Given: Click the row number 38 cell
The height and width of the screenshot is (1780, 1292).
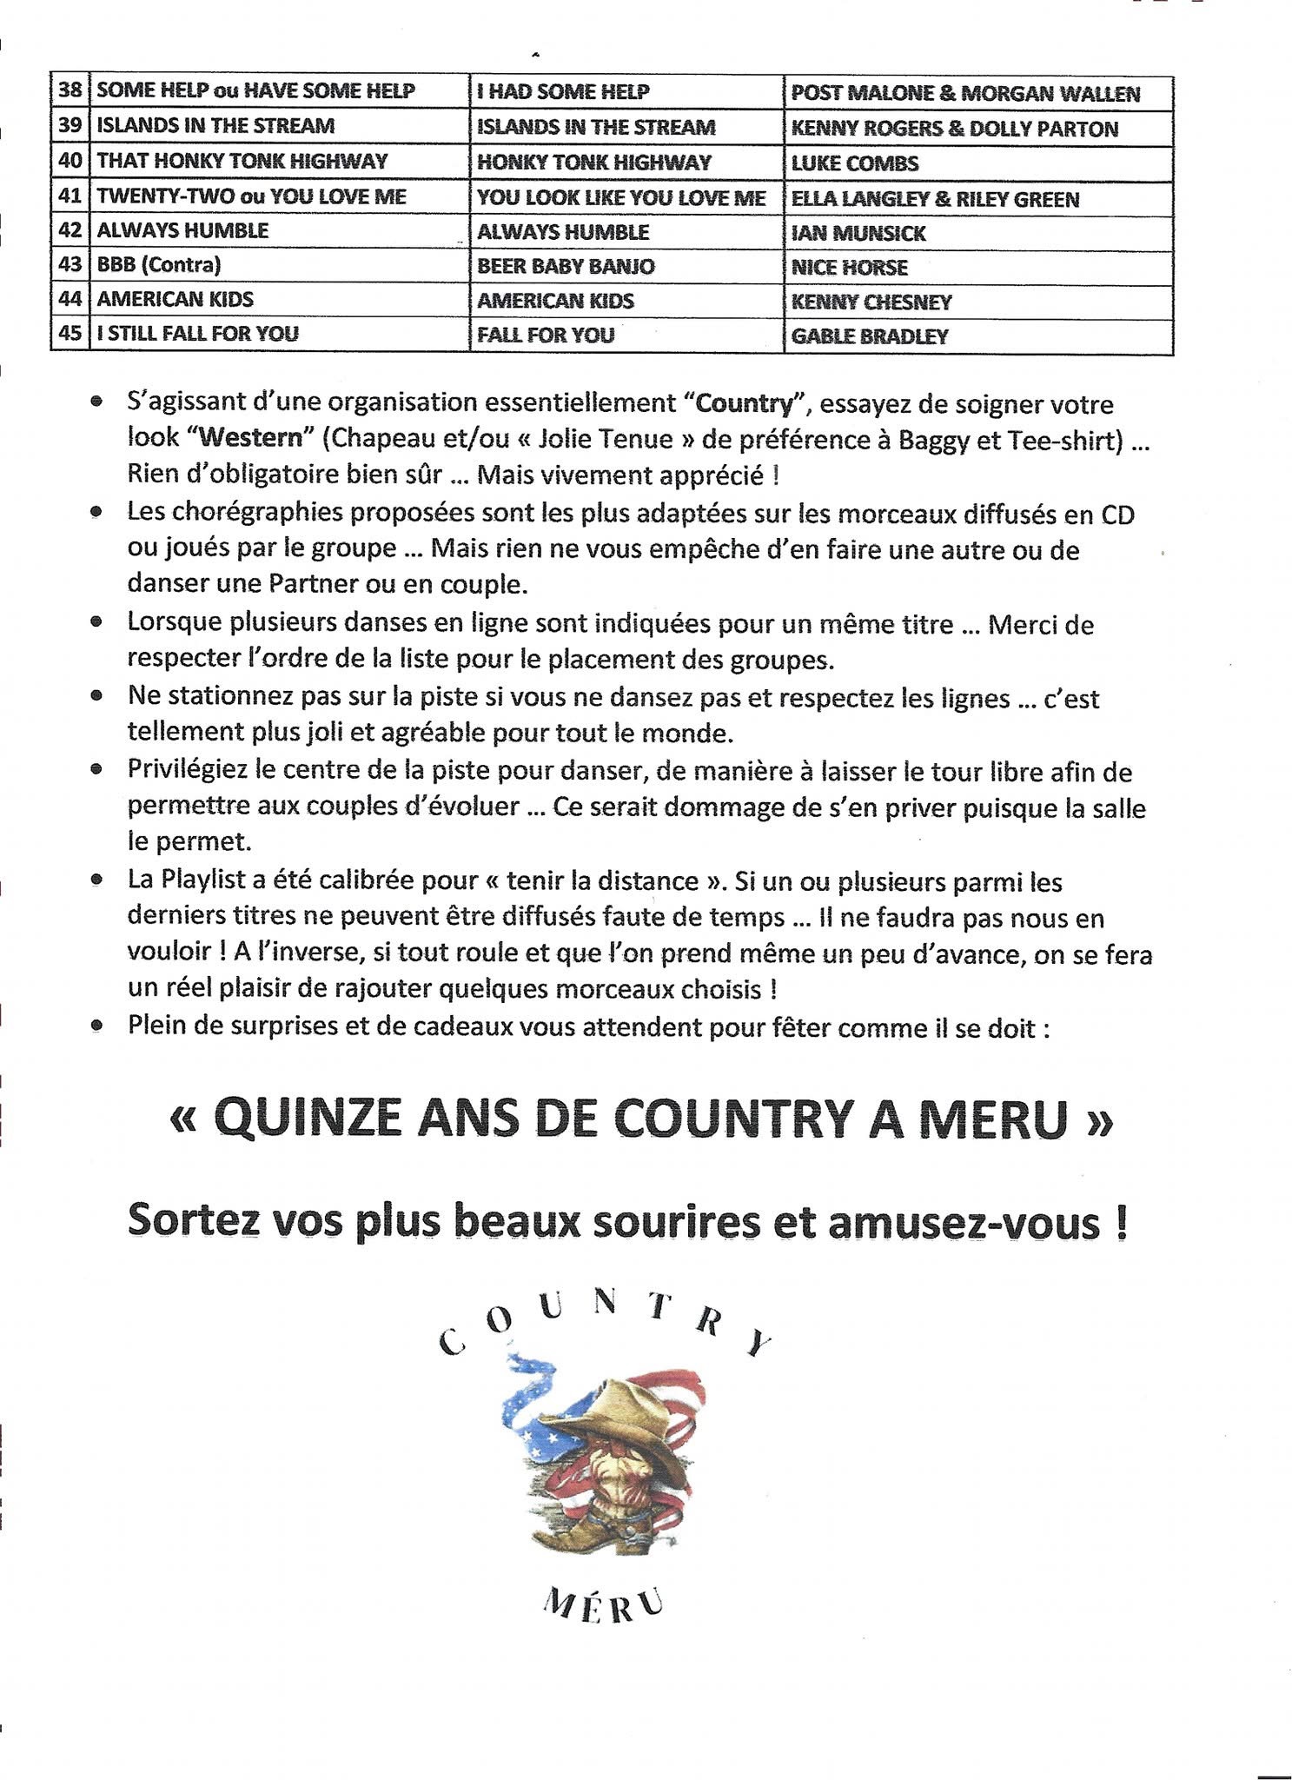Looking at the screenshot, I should click(x=70, y=90).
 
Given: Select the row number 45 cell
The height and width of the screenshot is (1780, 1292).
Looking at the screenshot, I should click(x=70, y=333).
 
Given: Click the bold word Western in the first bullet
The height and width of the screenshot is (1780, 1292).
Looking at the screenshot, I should click(x=250, y=437).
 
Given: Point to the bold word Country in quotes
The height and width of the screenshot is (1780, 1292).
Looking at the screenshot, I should click(x=745, y=404).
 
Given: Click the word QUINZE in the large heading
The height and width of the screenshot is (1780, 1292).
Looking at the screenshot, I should click(x=308, y=1119).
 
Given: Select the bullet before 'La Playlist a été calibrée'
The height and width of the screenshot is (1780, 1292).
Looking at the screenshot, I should click(x=97, y=880).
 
